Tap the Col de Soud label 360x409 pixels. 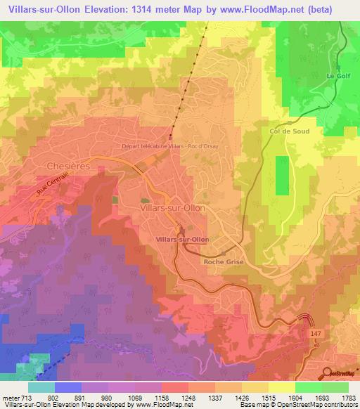coord(289,131)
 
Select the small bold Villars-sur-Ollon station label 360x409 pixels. coord(181,240)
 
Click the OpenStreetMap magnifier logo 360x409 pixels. coord(327,372)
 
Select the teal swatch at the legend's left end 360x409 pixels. coord(41,387)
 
